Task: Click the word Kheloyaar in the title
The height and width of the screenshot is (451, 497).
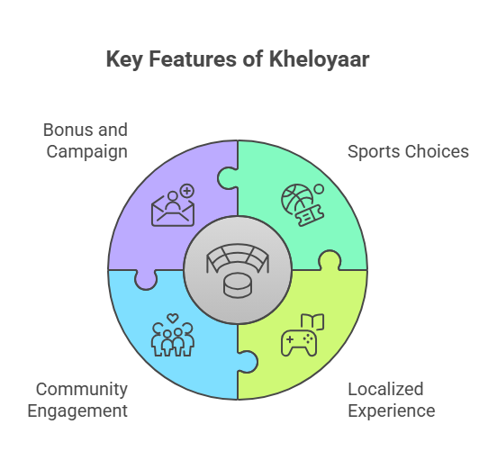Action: point(320,59)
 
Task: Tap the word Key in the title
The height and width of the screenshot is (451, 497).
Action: point(124,60)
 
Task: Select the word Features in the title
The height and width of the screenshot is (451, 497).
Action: point(193,59)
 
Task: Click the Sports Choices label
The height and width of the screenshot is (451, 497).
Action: point(408,151)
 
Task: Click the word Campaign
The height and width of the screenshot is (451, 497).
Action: point(87,152)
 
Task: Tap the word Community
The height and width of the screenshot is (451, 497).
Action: point(82,390)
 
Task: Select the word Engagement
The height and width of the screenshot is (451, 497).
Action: point(77,411)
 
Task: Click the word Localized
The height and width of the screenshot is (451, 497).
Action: point(385,389)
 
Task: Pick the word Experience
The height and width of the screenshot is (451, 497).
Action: point(392,411)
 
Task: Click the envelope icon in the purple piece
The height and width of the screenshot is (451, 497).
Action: point(173,210)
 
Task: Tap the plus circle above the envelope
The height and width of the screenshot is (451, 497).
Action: point(187,191)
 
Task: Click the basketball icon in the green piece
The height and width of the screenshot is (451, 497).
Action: point(297,201)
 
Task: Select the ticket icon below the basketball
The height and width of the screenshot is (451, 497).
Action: point(310,215)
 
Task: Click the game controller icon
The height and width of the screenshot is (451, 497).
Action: point(299,343)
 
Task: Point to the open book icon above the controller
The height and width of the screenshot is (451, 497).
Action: point(312,321)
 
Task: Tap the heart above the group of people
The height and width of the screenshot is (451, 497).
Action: point(173,318)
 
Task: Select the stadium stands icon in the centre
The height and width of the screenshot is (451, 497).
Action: point(238,258)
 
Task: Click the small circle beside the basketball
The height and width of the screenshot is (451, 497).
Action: point(319,189)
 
